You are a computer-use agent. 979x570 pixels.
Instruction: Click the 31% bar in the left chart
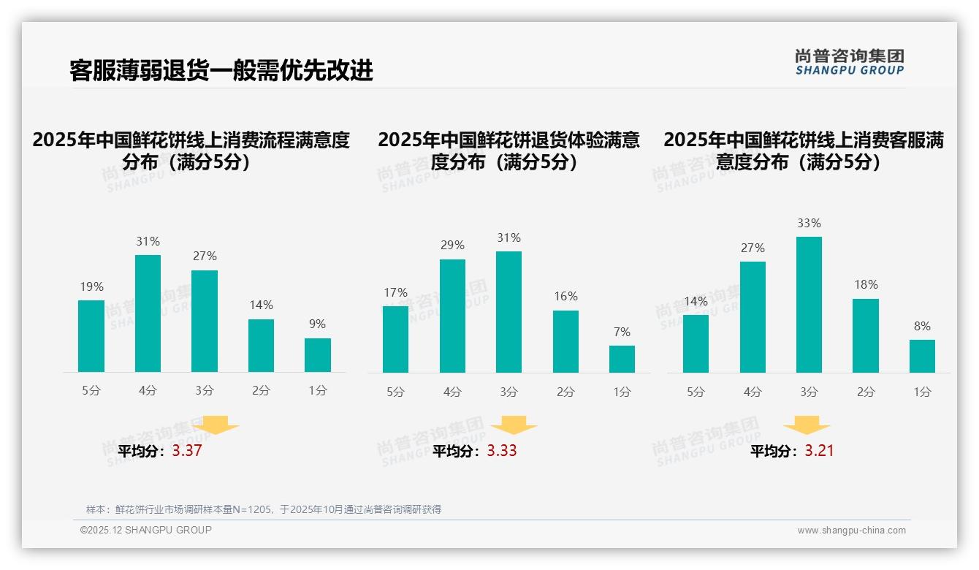pos(148,313)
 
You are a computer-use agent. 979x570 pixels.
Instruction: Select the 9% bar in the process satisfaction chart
pos(318,355)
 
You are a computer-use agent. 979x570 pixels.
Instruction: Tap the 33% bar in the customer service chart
pos(809,305)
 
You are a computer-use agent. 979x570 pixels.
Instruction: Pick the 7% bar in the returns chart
pos(622,359)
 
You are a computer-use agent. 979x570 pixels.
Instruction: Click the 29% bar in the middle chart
pos(452,316)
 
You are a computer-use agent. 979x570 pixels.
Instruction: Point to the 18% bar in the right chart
pos(866,335)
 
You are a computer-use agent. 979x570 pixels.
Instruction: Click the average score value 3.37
pos(187,451)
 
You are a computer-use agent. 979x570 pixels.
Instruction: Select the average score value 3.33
pos(502,451)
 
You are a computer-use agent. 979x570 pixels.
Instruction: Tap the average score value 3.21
pos(819,451)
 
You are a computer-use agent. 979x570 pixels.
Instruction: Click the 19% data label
pos(91,287)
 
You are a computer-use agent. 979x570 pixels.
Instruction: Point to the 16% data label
pos(565,297)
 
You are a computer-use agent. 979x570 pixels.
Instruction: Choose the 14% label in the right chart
pos(696,302)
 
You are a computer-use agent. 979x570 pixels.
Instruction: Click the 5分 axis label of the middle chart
pos(395,392)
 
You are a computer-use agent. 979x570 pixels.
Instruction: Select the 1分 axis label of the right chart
pos(922,392)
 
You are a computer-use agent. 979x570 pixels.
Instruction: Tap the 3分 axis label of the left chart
pos(205,391)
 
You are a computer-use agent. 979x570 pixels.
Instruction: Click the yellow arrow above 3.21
pos(807,425)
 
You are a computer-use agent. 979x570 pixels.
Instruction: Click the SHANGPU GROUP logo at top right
pos(849,62)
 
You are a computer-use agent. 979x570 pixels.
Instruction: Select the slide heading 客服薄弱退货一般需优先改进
pos(221,70)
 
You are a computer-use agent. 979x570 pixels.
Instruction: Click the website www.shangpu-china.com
pos(851,531)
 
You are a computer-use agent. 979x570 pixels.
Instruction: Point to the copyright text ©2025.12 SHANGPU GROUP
pos(146,530)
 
